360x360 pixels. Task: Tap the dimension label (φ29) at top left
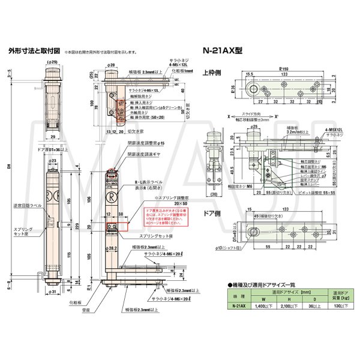53,62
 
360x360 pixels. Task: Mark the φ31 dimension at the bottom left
52,292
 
